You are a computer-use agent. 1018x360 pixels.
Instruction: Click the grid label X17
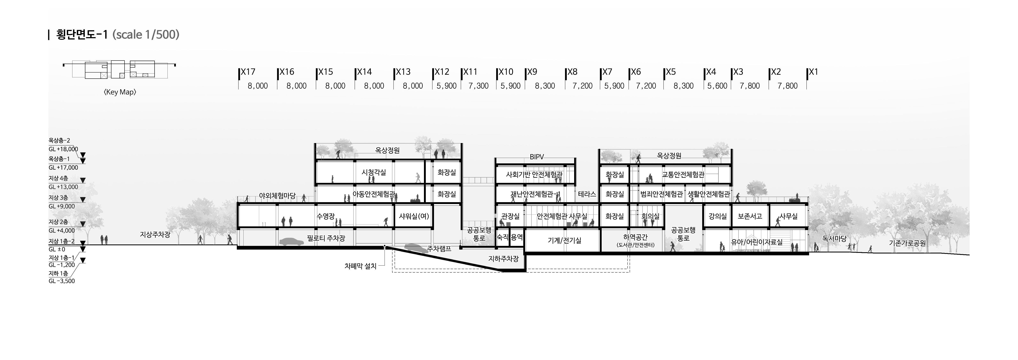(248, 72)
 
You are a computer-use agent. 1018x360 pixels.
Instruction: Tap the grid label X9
(532, 72)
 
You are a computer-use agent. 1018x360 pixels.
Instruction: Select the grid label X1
(813, 72)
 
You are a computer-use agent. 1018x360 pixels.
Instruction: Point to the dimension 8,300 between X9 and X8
(545, 86)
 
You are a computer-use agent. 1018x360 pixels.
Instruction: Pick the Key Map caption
(120, 92)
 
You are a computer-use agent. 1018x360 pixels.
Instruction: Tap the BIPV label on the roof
(537, 157)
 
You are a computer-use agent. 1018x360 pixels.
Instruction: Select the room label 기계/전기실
(564, 240)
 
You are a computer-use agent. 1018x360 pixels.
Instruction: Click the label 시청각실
(374, 172)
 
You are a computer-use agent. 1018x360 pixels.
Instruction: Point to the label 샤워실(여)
(414, 216)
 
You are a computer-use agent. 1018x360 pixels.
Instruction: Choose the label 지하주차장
(504, 259)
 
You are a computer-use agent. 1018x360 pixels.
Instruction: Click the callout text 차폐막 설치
(360, 266)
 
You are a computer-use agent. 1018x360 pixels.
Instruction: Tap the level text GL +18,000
(63, 149)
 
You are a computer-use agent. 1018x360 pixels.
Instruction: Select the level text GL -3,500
(62, 281)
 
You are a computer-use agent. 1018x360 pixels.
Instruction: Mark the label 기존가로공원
(907, 243)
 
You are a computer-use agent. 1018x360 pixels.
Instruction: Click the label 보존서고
(750, 216)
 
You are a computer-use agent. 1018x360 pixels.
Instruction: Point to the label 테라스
(587, 194)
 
